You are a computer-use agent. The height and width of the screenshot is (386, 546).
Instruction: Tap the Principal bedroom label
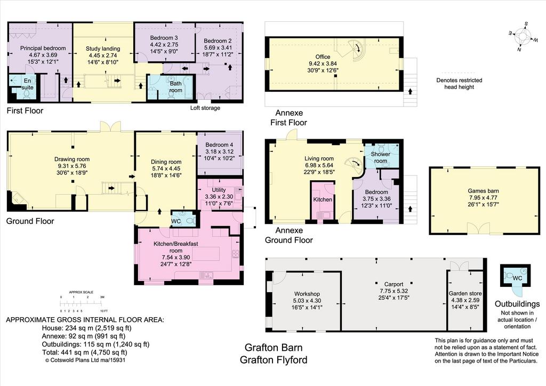43,48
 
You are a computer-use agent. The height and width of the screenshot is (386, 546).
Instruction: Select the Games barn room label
483,191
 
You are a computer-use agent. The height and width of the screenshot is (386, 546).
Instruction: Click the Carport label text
394,284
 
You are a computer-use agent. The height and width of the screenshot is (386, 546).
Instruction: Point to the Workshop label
307,294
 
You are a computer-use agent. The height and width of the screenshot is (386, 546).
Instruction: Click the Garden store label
465,293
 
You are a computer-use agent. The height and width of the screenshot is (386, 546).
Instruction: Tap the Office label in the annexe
323,57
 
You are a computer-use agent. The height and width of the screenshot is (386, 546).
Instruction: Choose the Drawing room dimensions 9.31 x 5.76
72,166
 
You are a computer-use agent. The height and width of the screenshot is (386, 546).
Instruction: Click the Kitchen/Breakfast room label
176,247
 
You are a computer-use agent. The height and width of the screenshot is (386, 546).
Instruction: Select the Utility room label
219,190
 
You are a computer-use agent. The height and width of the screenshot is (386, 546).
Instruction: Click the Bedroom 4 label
219,145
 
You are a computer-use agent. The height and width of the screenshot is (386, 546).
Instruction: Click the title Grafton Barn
274,348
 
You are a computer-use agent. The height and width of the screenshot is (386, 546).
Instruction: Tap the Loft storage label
205,108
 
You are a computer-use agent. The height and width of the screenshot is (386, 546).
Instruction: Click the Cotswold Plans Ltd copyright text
85,360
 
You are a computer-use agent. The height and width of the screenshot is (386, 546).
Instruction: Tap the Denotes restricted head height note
459,84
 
